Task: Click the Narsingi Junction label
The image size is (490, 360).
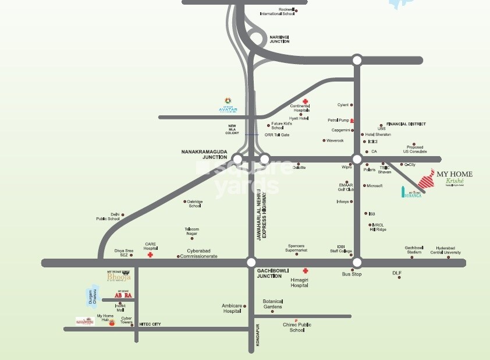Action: coord(279,39)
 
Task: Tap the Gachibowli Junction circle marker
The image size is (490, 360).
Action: coord(251,262)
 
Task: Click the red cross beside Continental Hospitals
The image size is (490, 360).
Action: coord(304,101)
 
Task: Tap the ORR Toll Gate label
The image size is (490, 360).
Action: coord(277,135)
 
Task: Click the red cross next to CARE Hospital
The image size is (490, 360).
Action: coord(150,255)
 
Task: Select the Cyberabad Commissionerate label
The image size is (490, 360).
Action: coord(202,253)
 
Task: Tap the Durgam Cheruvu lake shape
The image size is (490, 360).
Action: coord(90,297)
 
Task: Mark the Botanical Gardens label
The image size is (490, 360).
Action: coord(272,304)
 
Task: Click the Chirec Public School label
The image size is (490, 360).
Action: coord(297,327)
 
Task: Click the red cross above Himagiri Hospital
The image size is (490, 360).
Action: coord(305,271)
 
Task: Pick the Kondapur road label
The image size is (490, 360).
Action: coord(257,340)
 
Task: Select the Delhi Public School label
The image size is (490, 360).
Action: coord(108,217)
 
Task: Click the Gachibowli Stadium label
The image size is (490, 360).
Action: coord(414,250)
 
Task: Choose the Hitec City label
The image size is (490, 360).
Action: coord(150,323)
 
